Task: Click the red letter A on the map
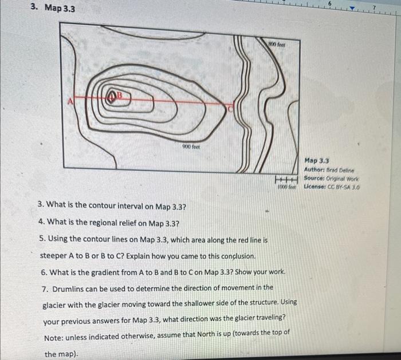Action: tap(70, 101)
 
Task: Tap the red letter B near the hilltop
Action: tap(120, 96)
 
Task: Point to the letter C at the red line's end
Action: tap(230, 109)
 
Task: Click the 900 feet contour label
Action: tap(191, 147)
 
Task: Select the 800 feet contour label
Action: tap(277, 45)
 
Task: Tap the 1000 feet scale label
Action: tap(286, 187)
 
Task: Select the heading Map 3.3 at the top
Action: tap(60, 8)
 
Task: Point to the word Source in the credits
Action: tap(313, 178)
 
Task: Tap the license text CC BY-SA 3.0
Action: tap(344, 187)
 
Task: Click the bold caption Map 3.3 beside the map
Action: tap(317, 161)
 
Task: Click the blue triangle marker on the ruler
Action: tap(353, 9)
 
